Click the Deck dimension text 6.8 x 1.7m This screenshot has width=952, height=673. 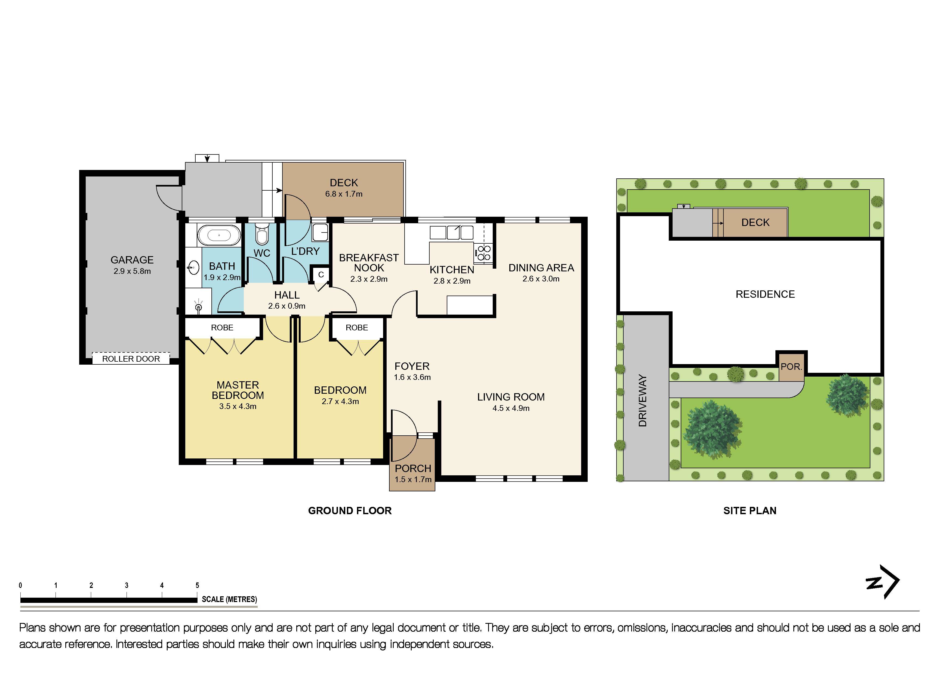coord(344,194)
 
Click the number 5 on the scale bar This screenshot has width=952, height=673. coord(197,585)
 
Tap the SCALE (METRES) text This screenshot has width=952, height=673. coord(229,599)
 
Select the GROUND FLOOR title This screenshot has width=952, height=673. coord(350,511)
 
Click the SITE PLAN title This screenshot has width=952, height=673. coord(750,511)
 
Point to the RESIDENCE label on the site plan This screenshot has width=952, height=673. coord(765,294)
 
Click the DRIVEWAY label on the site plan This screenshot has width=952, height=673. coord(642,400)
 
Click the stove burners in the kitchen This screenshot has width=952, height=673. coord(483,253)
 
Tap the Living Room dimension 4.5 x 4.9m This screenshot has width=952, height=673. coord(511,408)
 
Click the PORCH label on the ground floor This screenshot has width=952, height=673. coord(413,468)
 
